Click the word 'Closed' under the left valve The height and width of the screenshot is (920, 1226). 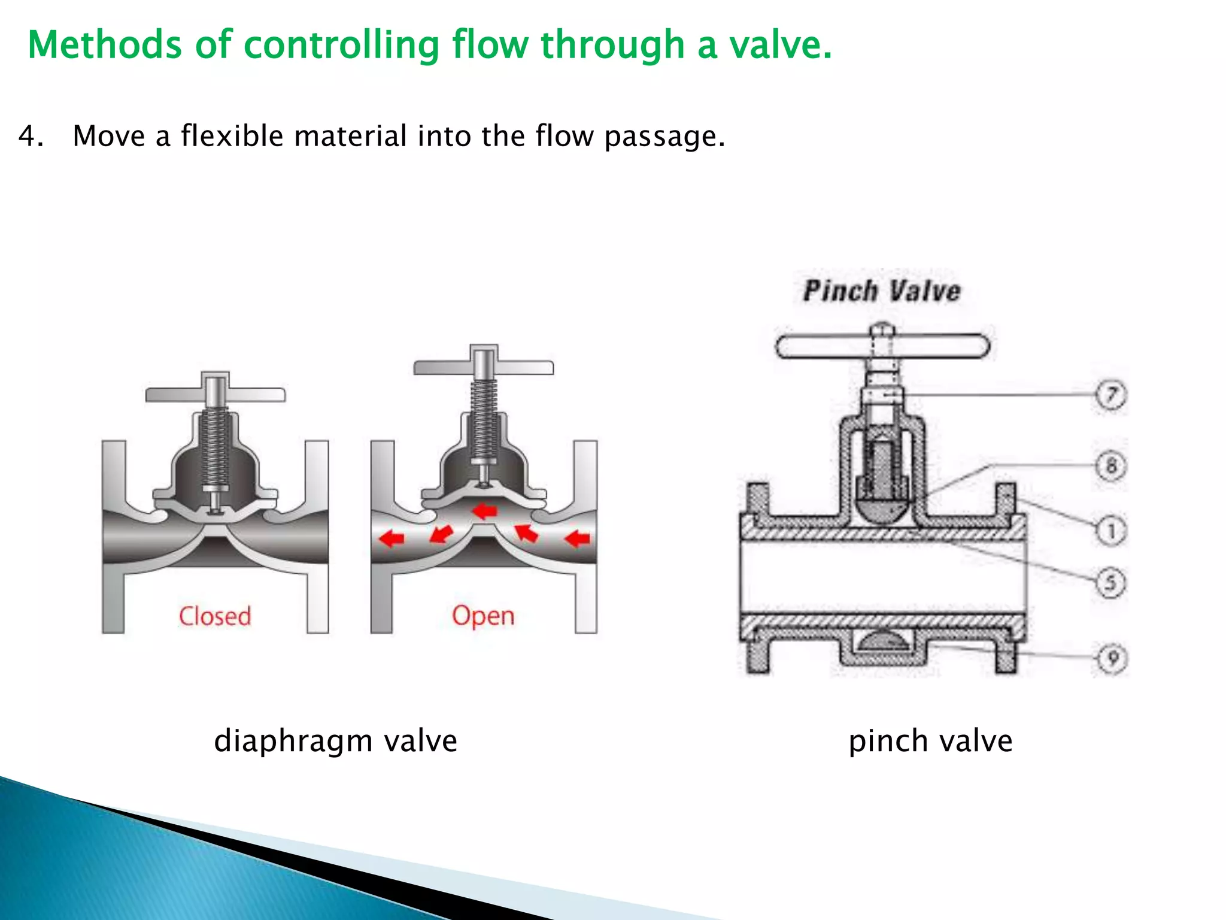pos(215,616)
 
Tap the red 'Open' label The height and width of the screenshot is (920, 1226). pos(483,616)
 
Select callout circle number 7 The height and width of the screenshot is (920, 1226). pos(1111,395)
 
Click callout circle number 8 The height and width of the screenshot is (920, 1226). pos(1111,465)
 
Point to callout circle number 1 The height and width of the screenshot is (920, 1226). pos(1111,531)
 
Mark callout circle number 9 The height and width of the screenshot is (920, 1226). pos(1112,659)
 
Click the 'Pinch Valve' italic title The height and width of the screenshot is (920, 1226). pos(882,291)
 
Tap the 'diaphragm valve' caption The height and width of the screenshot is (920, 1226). pos(335,741)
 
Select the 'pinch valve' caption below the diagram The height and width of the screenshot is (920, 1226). pos(930,741)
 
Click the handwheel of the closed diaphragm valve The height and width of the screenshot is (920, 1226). pos(216,394)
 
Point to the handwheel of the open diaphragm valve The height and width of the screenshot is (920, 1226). pos(484,367)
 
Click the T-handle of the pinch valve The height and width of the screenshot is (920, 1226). pos(882,346)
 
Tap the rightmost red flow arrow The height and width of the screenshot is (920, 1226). pos(577,538)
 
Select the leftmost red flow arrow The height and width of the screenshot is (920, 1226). pos(392,538)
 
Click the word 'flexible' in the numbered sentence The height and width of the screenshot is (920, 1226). pos(232,136)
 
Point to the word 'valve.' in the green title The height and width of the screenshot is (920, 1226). pos(780,45)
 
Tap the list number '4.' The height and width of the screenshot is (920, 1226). pos(31,137)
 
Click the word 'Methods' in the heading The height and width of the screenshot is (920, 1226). pos(105,45)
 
